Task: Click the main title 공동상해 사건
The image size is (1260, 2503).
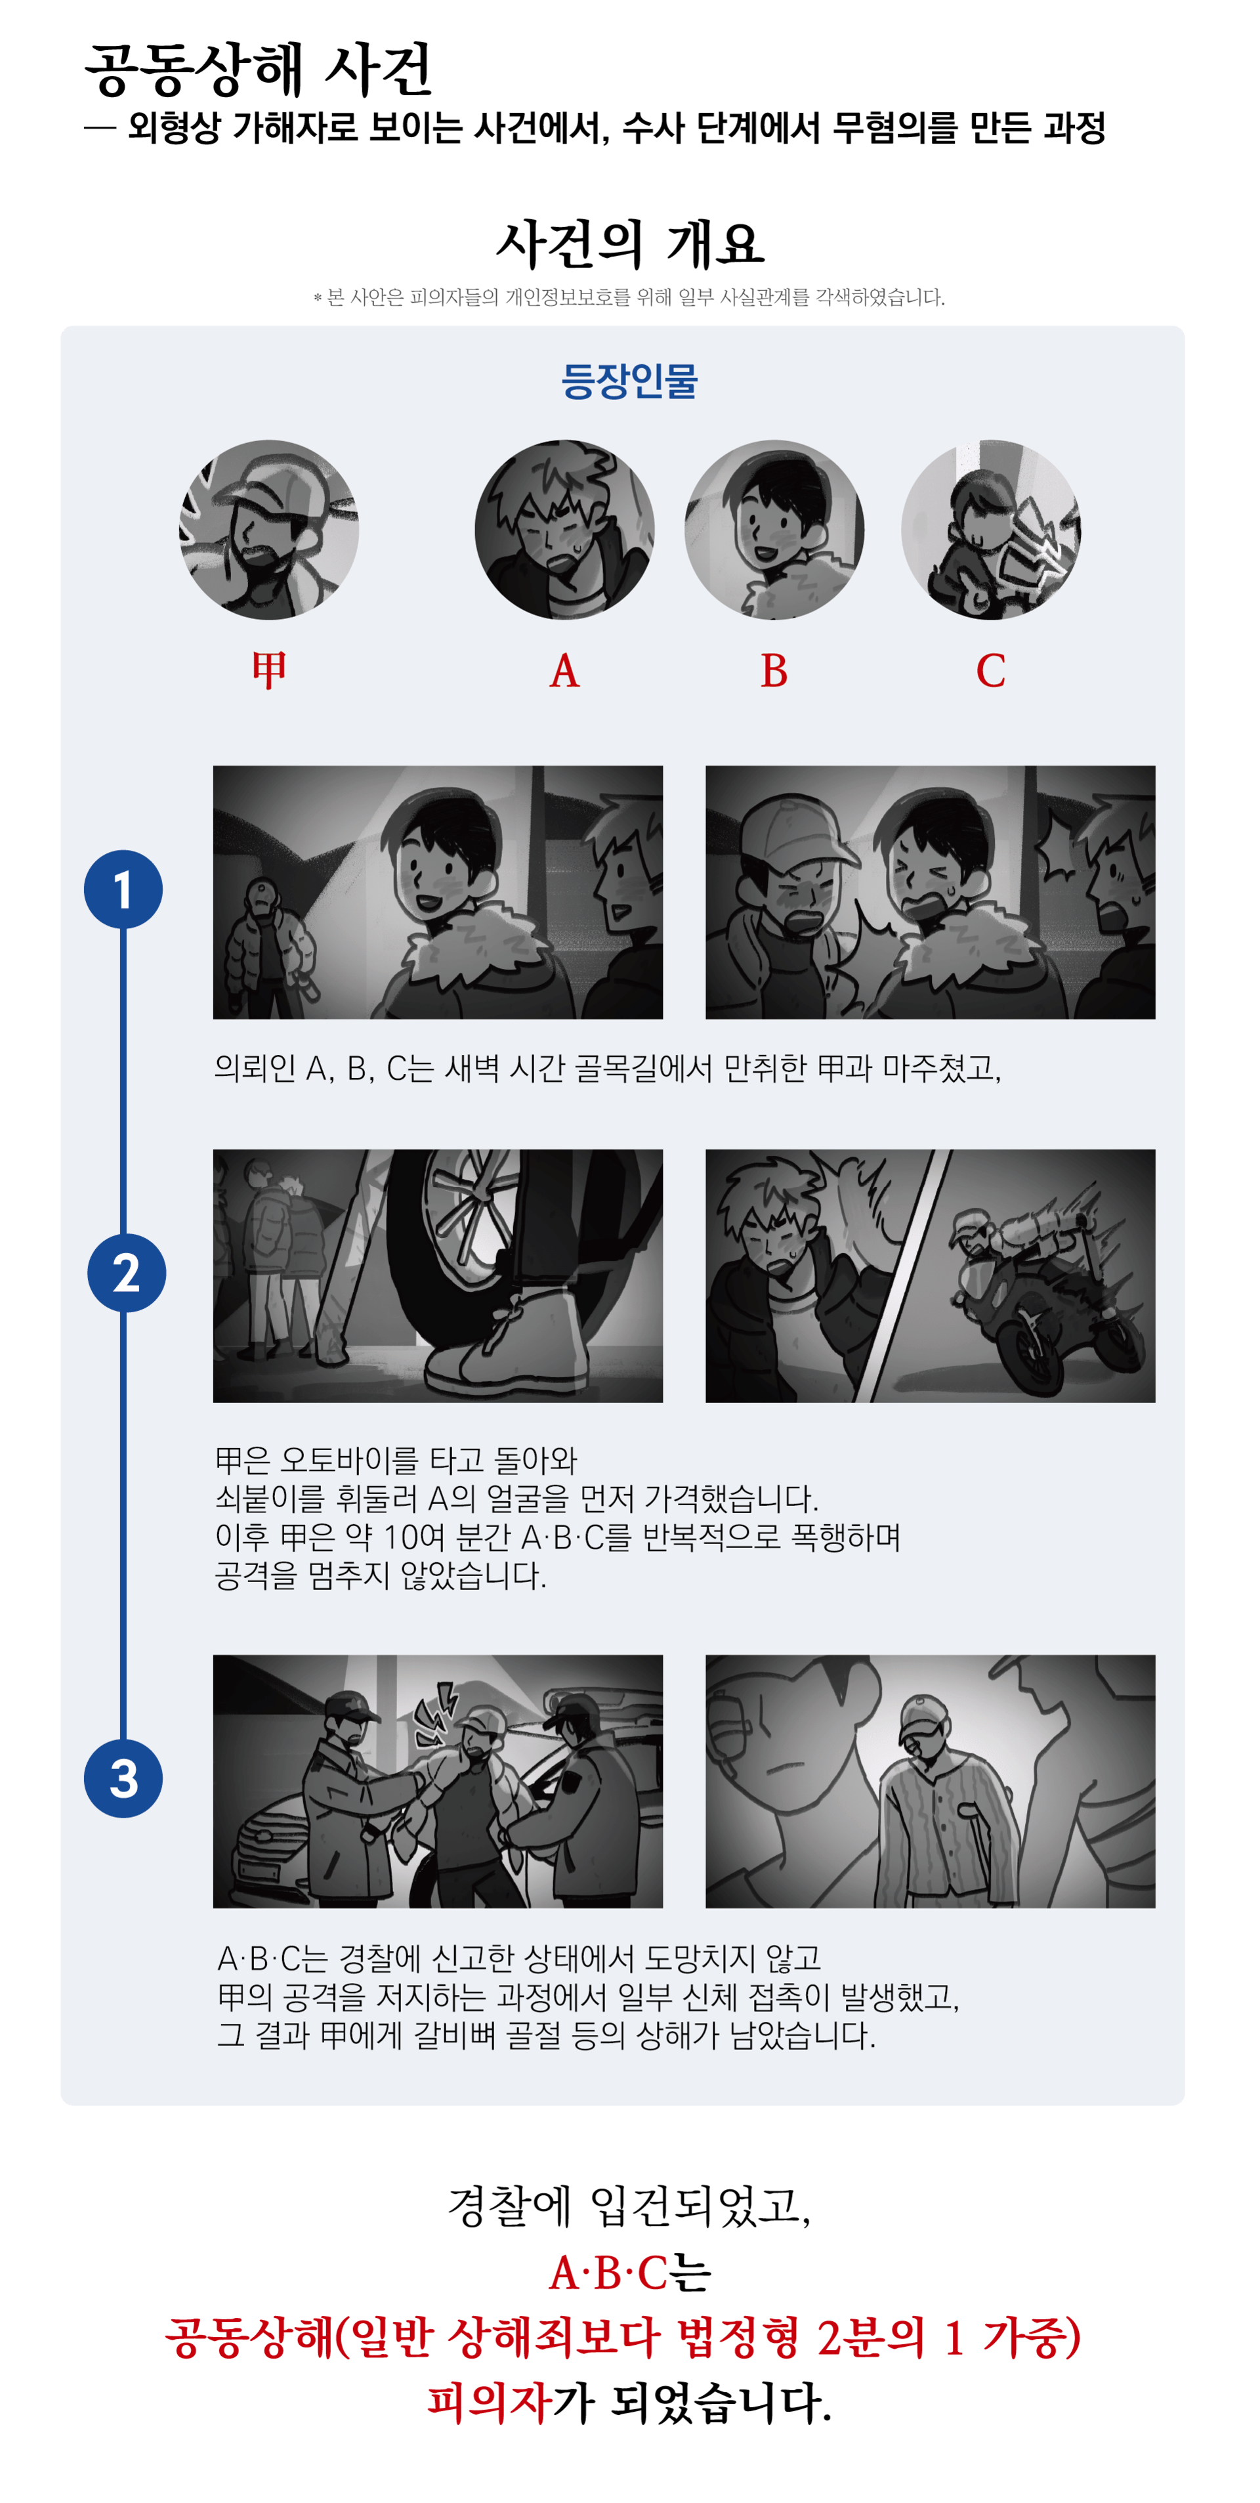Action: coord(257,70)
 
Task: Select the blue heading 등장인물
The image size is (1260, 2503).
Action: coord(629,380)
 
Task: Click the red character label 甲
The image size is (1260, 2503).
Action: coord(269,670)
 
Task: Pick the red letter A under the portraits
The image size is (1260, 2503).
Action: coord(564,670)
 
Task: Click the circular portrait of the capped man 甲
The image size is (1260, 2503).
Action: coord(269,530)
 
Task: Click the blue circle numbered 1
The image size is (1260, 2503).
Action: coord(123,889)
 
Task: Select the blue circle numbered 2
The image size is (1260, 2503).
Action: coord(126,1273)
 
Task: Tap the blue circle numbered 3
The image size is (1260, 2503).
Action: coord(123,1778)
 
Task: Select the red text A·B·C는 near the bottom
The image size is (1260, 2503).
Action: coord(629,2272)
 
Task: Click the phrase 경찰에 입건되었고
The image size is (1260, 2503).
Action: coord(629,2206)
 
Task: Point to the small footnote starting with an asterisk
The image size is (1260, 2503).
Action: coord(629,297)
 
